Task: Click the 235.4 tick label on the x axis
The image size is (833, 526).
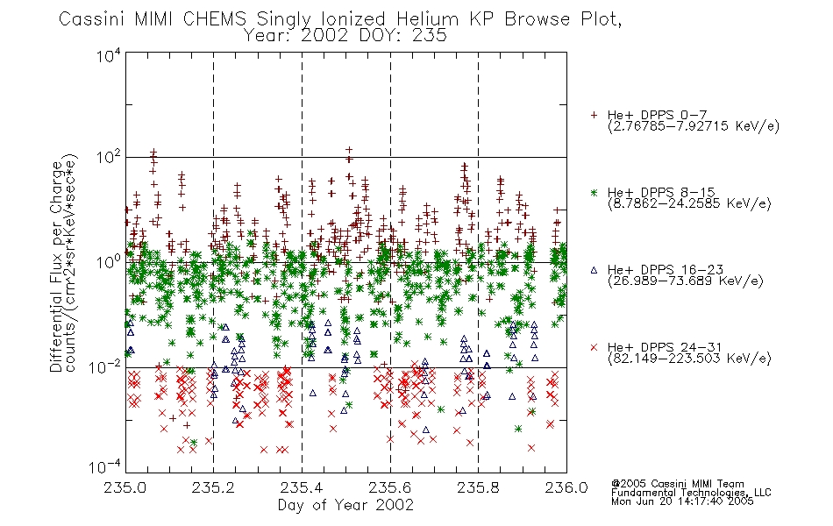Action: click(302, 487)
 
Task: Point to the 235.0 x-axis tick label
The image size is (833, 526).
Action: click(125, 487)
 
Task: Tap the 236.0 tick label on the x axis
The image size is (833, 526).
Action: click(566, 487)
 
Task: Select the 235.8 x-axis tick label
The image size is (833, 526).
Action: click(478, 487)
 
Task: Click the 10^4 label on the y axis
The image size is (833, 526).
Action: click(109, 54)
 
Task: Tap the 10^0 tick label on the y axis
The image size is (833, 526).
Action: click(109, 261)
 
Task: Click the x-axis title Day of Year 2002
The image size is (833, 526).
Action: click(345, 505)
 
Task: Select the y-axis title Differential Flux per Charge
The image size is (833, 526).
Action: click(57, 267)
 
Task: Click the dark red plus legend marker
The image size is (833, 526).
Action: click(594, 115)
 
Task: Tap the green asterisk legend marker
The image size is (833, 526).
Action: click(594, 192)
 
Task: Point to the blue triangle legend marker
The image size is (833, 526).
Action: click(594, 270)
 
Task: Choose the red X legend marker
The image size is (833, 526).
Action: click(594, 347)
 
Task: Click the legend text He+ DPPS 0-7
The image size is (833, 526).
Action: click(657, 115)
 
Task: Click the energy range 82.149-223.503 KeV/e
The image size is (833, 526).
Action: click(689, 359)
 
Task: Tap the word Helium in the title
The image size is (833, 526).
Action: click(427, 19)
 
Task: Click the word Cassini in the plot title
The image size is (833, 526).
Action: click(92, 19)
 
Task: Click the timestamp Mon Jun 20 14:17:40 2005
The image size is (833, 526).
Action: click(682, 501)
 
